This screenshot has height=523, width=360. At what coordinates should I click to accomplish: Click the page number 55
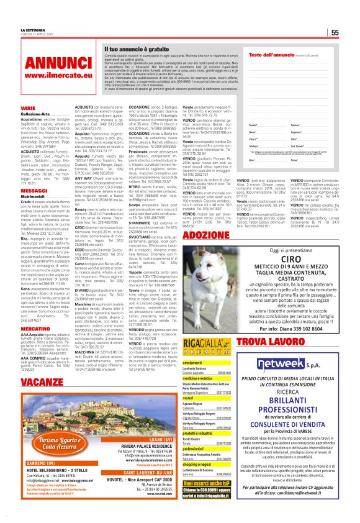click(x=335, y=33)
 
